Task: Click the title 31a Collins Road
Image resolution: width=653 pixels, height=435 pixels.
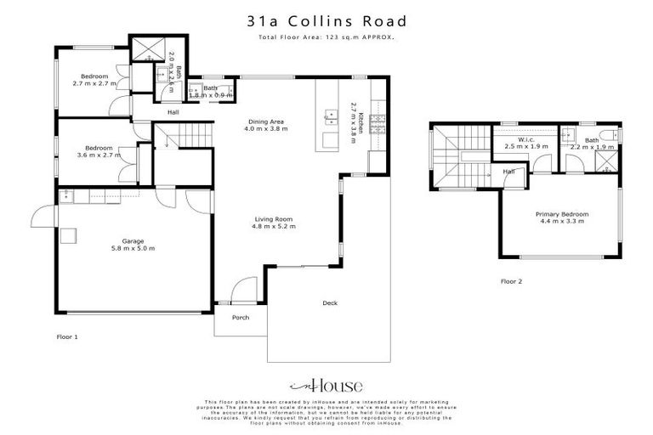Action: (326, 21)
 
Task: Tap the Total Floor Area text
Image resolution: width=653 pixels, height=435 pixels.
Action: (326, 38)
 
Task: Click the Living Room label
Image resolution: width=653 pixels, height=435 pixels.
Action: (273, 220)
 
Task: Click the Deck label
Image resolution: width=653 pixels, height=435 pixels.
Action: (331, 303)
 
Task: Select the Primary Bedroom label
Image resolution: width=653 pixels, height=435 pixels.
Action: (561, 214)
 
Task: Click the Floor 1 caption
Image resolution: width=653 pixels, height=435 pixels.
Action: (67, 337)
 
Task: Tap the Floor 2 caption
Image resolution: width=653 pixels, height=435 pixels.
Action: (511, 280)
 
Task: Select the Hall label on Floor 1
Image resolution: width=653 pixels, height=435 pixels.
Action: (173, 112)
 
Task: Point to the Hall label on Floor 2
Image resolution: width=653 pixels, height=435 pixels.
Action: (509, 172)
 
